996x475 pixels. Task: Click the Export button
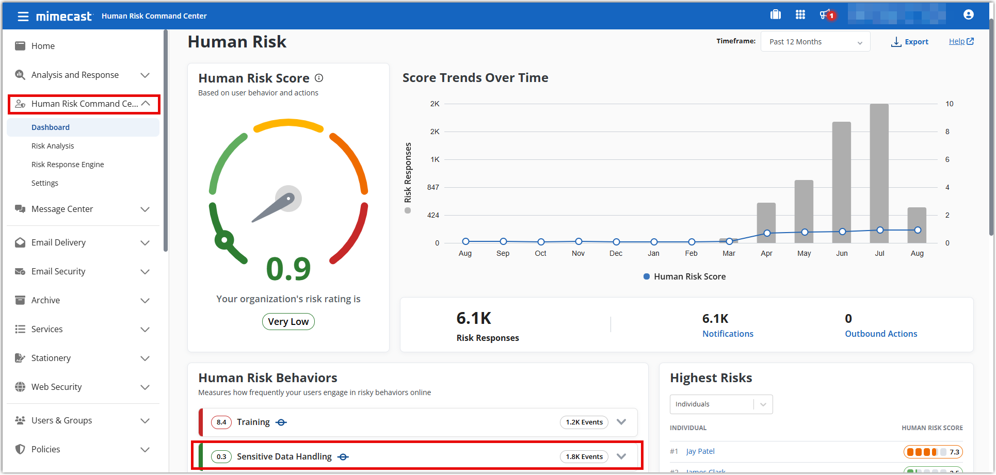(x=910, y=42)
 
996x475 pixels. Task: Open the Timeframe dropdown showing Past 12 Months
(x=815, y=42)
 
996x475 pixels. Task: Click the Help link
(x=960, y=41)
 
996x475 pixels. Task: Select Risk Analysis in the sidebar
(x=53, y=146)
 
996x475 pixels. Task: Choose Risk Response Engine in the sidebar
(x=68, y=165)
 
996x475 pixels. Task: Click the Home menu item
(x=43, y=46)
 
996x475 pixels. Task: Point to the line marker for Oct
(x=541, y=242)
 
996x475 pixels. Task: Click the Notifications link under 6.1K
(x=728, y=334)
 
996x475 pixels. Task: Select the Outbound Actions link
(x=881, y=334)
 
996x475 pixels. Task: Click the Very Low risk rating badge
(x=288, y=322)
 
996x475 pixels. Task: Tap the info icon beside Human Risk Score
(x=319, y=78)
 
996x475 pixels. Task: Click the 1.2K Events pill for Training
(x=584, y=422)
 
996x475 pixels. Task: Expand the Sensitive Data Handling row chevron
(x=621, y=456)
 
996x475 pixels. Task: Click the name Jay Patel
(x=700, y=451)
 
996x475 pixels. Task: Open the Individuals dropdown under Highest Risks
(x=721, y=404)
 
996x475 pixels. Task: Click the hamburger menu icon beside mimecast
(x=23, y=17)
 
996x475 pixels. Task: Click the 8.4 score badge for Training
(x=221, y=422)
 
